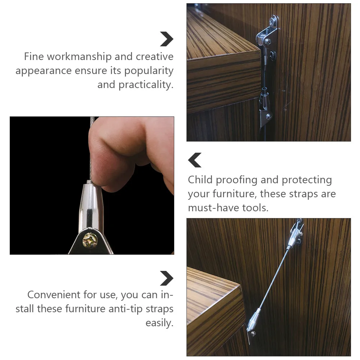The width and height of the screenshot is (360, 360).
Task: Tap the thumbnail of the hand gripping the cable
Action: [92, 185]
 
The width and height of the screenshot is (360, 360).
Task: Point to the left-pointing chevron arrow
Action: [195, 160]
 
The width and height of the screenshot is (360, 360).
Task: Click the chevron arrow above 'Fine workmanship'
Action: [166, 39]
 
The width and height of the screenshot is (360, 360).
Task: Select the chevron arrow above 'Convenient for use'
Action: [166, 278]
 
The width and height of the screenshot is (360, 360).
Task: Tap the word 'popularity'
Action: [149, 71]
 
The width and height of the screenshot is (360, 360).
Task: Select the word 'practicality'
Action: [146, 85]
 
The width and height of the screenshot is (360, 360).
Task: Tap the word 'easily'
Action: [160, 323]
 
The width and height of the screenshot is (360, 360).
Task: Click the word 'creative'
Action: [154, 57]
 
